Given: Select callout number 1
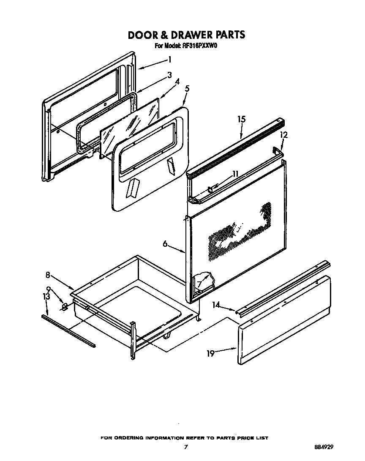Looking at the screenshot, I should (169, 59).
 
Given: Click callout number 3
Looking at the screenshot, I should (169, 75).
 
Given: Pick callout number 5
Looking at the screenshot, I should (187, 89).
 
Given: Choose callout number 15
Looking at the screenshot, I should (241, 120).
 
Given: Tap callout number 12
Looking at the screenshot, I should (284, 135).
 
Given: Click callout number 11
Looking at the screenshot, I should (235, 174).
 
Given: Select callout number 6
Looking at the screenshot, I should (166, 244).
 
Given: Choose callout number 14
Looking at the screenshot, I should (216, 304).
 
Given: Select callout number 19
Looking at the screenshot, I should (210, 353).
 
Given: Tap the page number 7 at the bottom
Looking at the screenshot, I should (185, 447).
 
